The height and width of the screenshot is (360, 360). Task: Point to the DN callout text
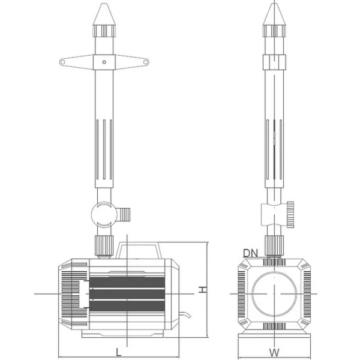[250, 253]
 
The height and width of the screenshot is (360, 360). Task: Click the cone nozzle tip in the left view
[104, 12]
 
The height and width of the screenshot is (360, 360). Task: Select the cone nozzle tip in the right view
[274, 12]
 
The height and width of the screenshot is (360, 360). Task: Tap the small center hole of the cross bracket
[104, 61]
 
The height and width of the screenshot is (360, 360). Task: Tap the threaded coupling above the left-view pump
[104, 244]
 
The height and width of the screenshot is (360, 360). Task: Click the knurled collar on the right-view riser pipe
[274, 62]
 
